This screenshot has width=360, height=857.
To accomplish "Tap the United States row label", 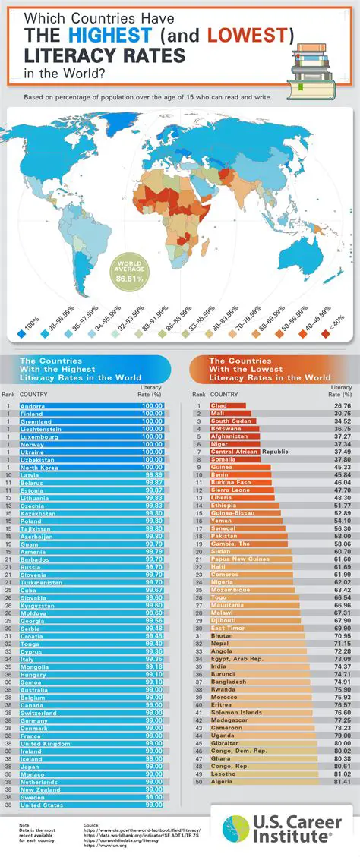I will click(43, 804).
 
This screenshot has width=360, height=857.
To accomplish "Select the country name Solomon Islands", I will click(236, 712).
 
